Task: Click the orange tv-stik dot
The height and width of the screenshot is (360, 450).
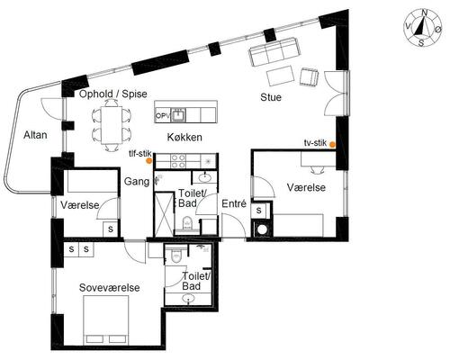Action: tap(332, 144)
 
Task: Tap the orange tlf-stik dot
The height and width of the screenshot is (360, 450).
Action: tap(148, 161)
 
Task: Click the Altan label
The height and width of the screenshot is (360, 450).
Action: tap(35, 135)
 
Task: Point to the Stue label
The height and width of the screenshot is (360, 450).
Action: tap(271, 97)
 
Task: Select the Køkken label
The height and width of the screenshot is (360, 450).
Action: tap(184, 138)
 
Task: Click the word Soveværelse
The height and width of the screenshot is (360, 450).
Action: tap(110, 288)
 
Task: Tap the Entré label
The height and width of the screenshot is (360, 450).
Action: tap(234, 203)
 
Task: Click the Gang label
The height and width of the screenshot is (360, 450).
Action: tap(137, 182)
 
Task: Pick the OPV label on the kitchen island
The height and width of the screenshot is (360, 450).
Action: tap(163, 115)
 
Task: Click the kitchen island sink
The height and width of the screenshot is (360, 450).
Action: tap(179, 114)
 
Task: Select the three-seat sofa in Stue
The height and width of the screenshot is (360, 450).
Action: tap(274, 51)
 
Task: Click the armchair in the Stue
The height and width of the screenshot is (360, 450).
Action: tap(309, 76)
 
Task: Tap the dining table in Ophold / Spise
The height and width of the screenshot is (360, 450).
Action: tap(112, 125)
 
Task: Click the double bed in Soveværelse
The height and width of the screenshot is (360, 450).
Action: tap(106, 320)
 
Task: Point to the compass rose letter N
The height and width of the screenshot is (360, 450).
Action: tap(424, 13)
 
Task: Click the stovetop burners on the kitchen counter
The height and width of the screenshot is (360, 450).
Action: tap(178, 161)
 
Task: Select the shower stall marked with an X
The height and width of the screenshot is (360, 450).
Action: tap(164, 214)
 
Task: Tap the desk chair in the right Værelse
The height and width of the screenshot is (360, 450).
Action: tap(318, 170)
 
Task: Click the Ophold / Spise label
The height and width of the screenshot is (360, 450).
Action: tap(113, 94)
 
